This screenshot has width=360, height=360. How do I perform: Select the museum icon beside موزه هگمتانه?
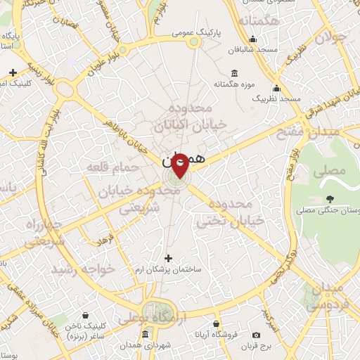[x=234, y=73]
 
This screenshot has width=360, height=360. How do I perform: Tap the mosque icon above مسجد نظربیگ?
[x=276, y=89]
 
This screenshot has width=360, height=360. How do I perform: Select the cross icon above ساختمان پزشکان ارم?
[x=167, y=258]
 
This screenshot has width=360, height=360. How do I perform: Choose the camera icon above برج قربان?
[x=256, y=335]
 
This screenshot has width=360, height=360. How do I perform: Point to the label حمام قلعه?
[x=106, y=167]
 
